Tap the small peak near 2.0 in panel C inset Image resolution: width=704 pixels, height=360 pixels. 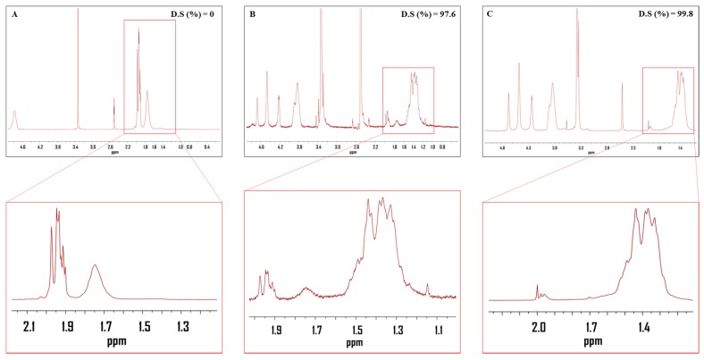(538, 287)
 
